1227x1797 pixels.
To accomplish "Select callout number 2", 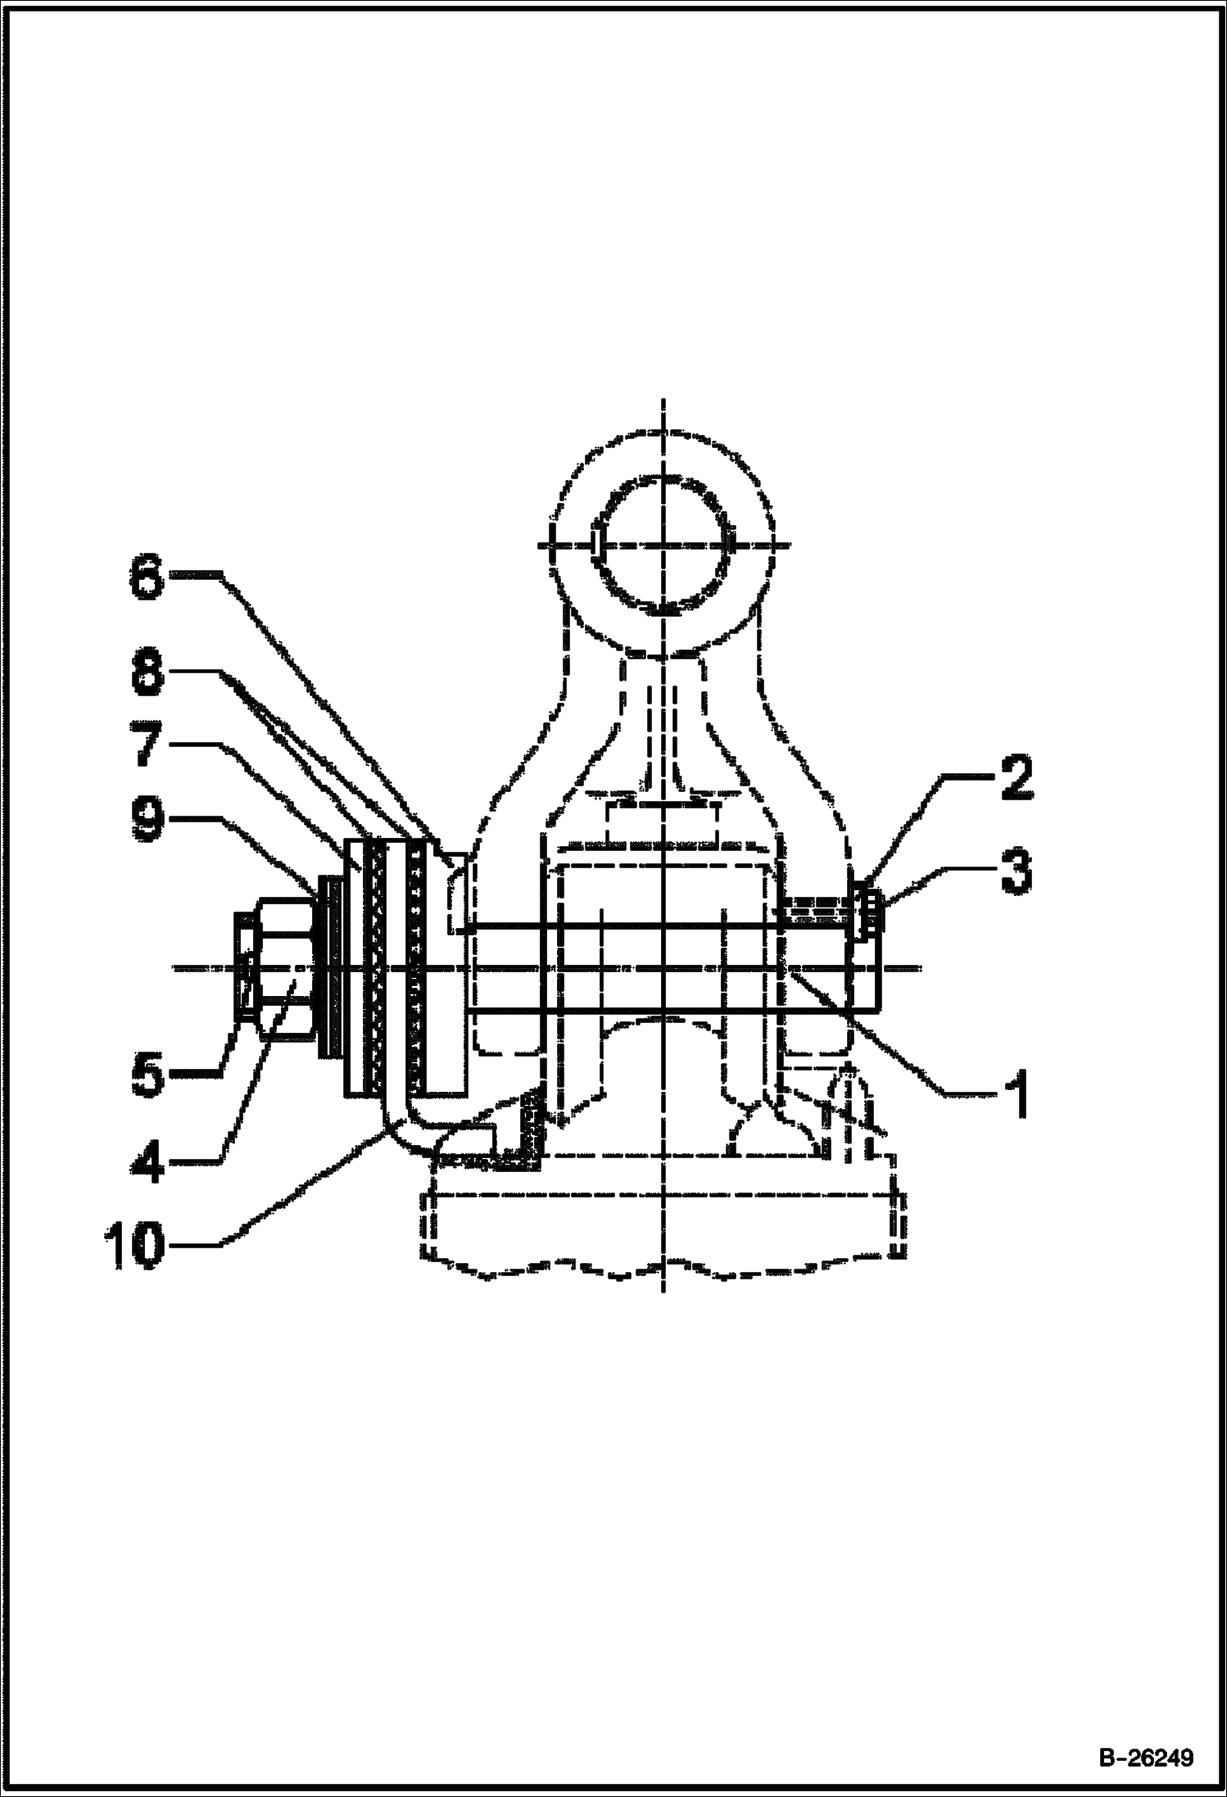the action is point(1015,779).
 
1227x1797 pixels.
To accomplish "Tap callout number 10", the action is point(135,1247).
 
